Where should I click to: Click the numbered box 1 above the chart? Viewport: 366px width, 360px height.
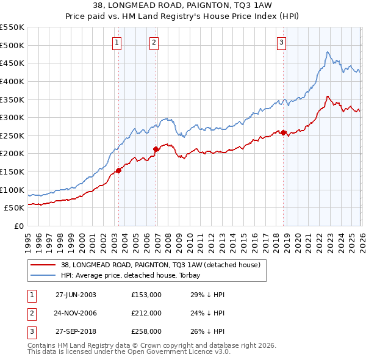tap(117, 42)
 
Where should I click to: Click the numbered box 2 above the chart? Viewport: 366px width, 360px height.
tap(154, 42)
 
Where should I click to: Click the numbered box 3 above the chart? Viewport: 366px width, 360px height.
tap(281, 42)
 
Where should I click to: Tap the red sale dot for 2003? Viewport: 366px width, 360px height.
tap(118, 171)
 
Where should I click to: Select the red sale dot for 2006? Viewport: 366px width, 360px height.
tap(156, 149)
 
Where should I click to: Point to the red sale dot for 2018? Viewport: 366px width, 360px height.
tap(284, 132)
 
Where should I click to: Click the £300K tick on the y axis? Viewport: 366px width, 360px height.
tap(12, 117)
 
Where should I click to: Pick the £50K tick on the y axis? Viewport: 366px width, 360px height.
tap(14, 208)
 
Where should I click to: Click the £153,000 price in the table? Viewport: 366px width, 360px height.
tap(146, 294)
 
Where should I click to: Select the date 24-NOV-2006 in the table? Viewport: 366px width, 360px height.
tap(76, 313)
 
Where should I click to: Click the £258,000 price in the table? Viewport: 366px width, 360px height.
tap(146, 331)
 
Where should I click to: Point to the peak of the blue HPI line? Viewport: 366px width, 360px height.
tap(328, 52)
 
